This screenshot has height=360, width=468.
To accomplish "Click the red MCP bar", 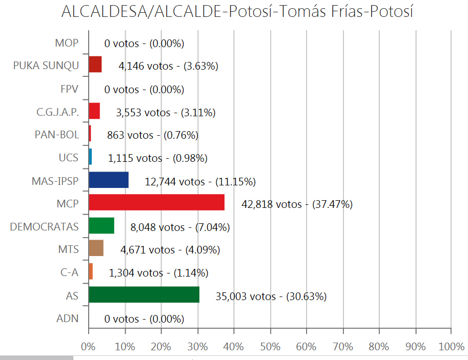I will [156, 202].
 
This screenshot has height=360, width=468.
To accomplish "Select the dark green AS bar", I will [144, 294].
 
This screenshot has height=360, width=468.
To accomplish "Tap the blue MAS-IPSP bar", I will [109, 180].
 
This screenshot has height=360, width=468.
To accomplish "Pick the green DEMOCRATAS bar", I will [101, 226].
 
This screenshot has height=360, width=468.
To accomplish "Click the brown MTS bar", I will [96, 248].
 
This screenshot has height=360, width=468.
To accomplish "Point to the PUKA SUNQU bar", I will [95, 65].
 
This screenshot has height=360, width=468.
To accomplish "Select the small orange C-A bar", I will [91, 271].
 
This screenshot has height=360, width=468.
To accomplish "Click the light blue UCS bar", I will [91, 157].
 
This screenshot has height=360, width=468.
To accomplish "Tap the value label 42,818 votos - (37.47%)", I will [297, 204].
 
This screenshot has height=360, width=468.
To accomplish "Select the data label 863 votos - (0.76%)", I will [152, 135].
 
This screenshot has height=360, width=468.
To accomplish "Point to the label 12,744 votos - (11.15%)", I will [200, 181].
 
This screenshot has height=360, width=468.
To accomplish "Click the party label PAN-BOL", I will [57, 135].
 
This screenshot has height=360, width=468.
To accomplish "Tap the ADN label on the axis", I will [67, 319].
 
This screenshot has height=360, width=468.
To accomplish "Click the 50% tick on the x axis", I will [270, 346].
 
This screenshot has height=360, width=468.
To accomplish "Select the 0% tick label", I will [89, 346].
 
